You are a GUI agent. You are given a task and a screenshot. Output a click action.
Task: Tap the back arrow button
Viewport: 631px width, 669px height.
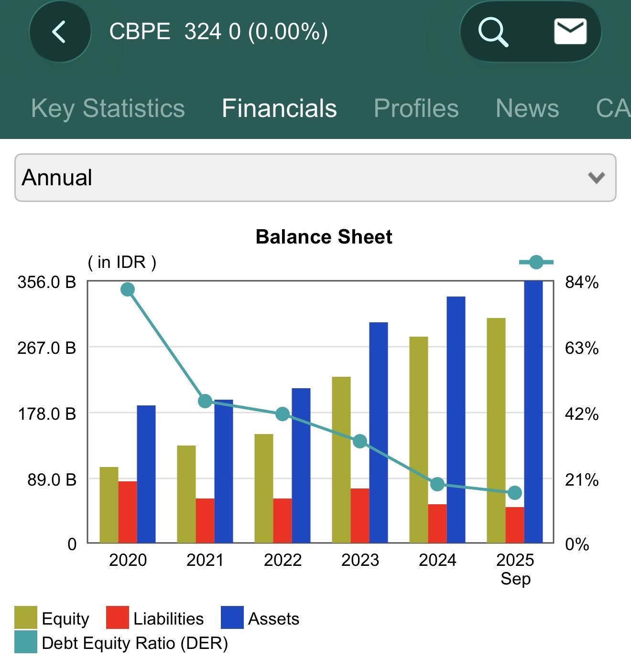click(59, 32)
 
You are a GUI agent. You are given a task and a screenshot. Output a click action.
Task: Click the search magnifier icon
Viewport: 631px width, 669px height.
click(493, 32)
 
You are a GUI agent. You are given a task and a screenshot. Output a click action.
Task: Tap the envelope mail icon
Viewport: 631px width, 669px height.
click(570, 32)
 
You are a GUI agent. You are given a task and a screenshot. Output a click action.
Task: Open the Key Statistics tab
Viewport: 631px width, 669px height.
click(108, 108)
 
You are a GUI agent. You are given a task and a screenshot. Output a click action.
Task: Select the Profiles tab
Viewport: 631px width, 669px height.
click(416, 108)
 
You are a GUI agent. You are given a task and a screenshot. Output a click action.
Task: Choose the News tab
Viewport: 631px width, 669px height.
click(527, 108)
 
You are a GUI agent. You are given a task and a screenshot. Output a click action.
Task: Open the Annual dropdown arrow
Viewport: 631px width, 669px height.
click(596, 178)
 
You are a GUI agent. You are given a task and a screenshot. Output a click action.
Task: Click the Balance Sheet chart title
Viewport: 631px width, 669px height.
click(324, 237)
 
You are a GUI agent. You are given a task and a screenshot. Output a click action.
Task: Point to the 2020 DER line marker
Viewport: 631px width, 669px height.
click(128, 289)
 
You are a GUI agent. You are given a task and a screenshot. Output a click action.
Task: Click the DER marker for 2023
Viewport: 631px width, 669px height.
click(360, 442)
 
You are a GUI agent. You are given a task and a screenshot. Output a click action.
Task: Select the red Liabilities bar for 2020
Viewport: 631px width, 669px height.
click(128, 512)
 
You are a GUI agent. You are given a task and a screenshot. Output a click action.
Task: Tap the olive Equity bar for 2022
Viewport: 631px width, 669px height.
click(264, 488)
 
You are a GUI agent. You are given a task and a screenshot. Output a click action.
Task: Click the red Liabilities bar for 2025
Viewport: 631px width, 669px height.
click(515, 525)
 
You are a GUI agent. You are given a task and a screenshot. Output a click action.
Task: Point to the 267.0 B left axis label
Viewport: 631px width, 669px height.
click(47, 348)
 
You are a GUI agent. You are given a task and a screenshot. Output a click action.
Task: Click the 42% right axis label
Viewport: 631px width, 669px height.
click(582, 414)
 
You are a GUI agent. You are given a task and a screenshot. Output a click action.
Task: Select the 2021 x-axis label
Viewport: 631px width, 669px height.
click(205, 560)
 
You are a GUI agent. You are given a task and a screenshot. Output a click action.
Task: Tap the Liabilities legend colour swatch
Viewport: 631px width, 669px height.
click(117, 618)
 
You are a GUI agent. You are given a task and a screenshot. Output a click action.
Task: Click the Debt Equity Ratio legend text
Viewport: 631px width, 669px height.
click(135, 643)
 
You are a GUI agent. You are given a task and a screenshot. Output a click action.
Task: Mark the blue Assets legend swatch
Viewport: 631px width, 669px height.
click(232, 618)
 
